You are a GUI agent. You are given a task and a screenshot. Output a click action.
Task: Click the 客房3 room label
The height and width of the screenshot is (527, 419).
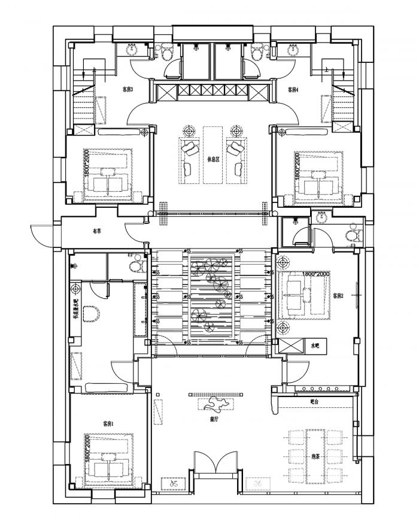(127, 90)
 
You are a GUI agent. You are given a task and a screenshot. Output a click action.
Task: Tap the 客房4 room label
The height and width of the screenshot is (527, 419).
(293, 90)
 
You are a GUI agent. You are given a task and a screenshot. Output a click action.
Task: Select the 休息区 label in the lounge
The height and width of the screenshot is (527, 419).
(214, 160)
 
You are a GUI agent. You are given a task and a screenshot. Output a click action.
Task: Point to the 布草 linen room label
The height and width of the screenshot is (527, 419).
(96, 230)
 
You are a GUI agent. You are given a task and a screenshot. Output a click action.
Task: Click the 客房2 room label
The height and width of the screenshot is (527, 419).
(339, 296)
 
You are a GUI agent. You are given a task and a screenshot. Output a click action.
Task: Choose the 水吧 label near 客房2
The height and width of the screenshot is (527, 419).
(315, 346)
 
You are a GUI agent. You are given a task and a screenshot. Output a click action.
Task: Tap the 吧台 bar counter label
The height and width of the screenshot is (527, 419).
(315, 401)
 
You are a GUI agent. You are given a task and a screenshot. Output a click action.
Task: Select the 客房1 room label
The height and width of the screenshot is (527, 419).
(108, 423)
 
